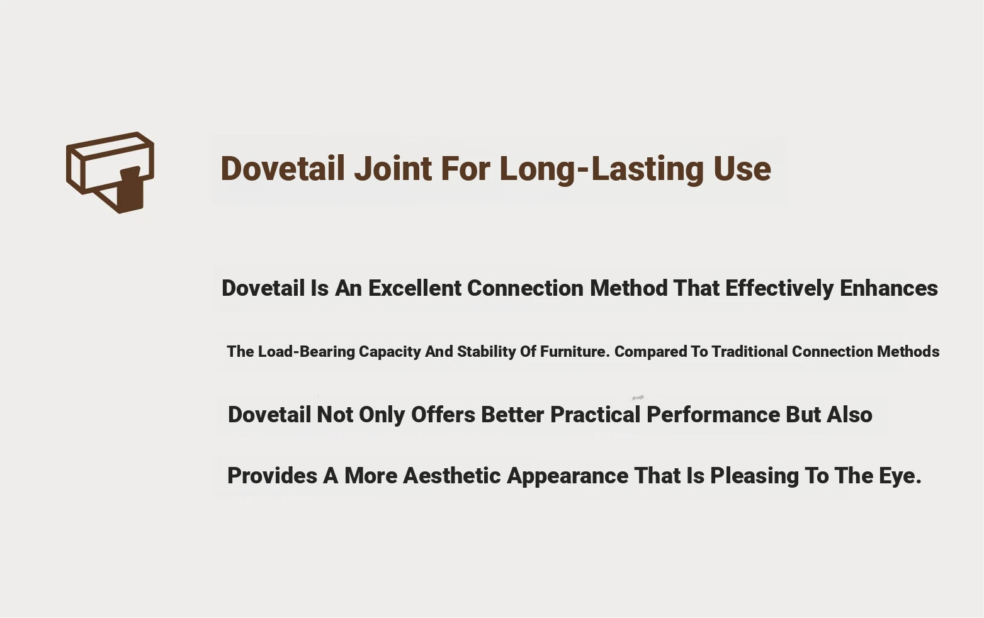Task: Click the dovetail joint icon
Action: click(x=110, y=172)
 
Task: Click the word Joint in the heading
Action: click(x=393, y=169)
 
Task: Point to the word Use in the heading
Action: click(x=742, y=169)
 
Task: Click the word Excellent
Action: click(x=415, y=289)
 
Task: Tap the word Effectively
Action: click(x=779, y=289)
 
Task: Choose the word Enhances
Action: click(x=889, y=289)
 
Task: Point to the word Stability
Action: click(x=486, y=352)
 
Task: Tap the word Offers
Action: click(x=443, y=415)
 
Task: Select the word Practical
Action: click(x=595, y=415)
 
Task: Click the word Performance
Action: click(x=713, y=415)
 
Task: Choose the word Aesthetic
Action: click(x=451, y=476)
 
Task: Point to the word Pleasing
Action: click(x=754, y=476)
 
